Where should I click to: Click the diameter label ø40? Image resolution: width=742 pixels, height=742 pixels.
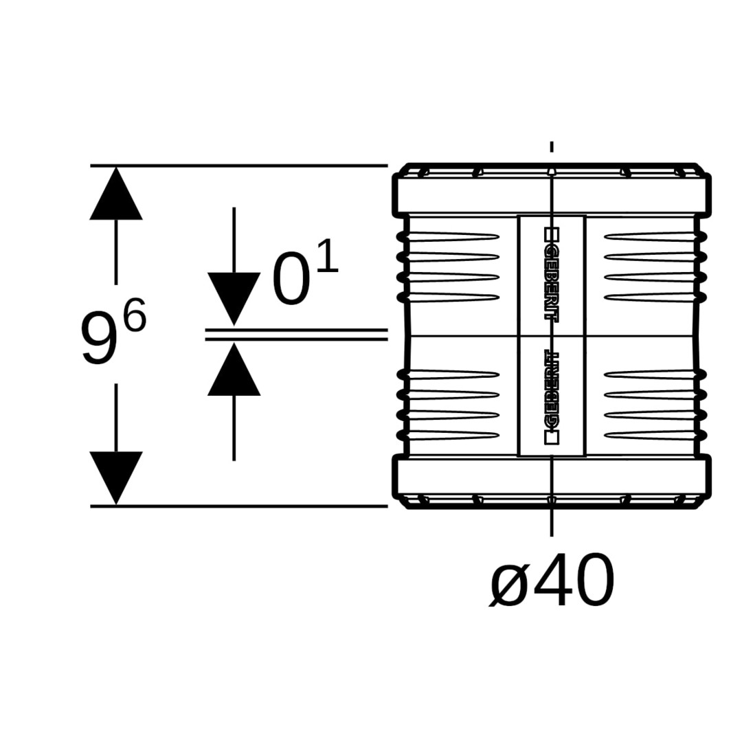click(x=552, y=580)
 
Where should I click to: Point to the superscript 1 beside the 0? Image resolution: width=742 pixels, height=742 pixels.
click(x=328, y=255)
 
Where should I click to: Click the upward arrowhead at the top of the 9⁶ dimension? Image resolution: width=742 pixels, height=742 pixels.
click(x=116, y=193)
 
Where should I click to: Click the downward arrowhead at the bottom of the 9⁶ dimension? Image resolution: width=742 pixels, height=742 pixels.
click(x=116, y=478)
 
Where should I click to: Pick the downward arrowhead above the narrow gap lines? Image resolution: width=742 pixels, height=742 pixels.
click(x=234, y=299)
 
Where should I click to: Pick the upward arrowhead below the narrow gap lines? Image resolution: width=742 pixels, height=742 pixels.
click(x=234, y=369)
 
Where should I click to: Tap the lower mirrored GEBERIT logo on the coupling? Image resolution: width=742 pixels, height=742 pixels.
click(x=552, y=398)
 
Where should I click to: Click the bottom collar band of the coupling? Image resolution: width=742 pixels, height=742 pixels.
click(x=552, y=477)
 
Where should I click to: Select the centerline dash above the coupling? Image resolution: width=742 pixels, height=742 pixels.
click(x=552, y=146)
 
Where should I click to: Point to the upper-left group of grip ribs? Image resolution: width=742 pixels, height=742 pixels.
click(x=450, y=267)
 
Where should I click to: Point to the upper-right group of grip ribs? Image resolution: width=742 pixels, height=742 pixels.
click(x=653, y=267)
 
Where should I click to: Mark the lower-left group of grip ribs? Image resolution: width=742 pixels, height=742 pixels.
click(x=450, y=405)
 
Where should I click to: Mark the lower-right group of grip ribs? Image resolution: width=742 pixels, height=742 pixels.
click(x=653, y=405)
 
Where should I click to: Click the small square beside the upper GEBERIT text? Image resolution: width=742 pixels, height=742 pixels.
click(x=552, y=234)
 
